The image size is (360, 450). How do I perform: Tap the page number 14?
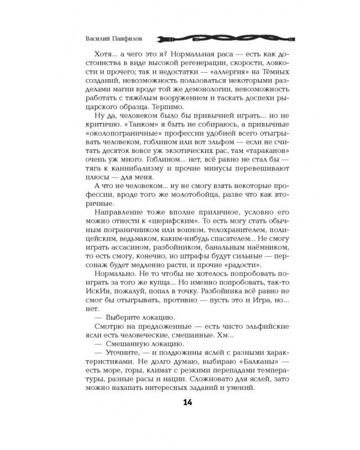coord(179,418)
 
